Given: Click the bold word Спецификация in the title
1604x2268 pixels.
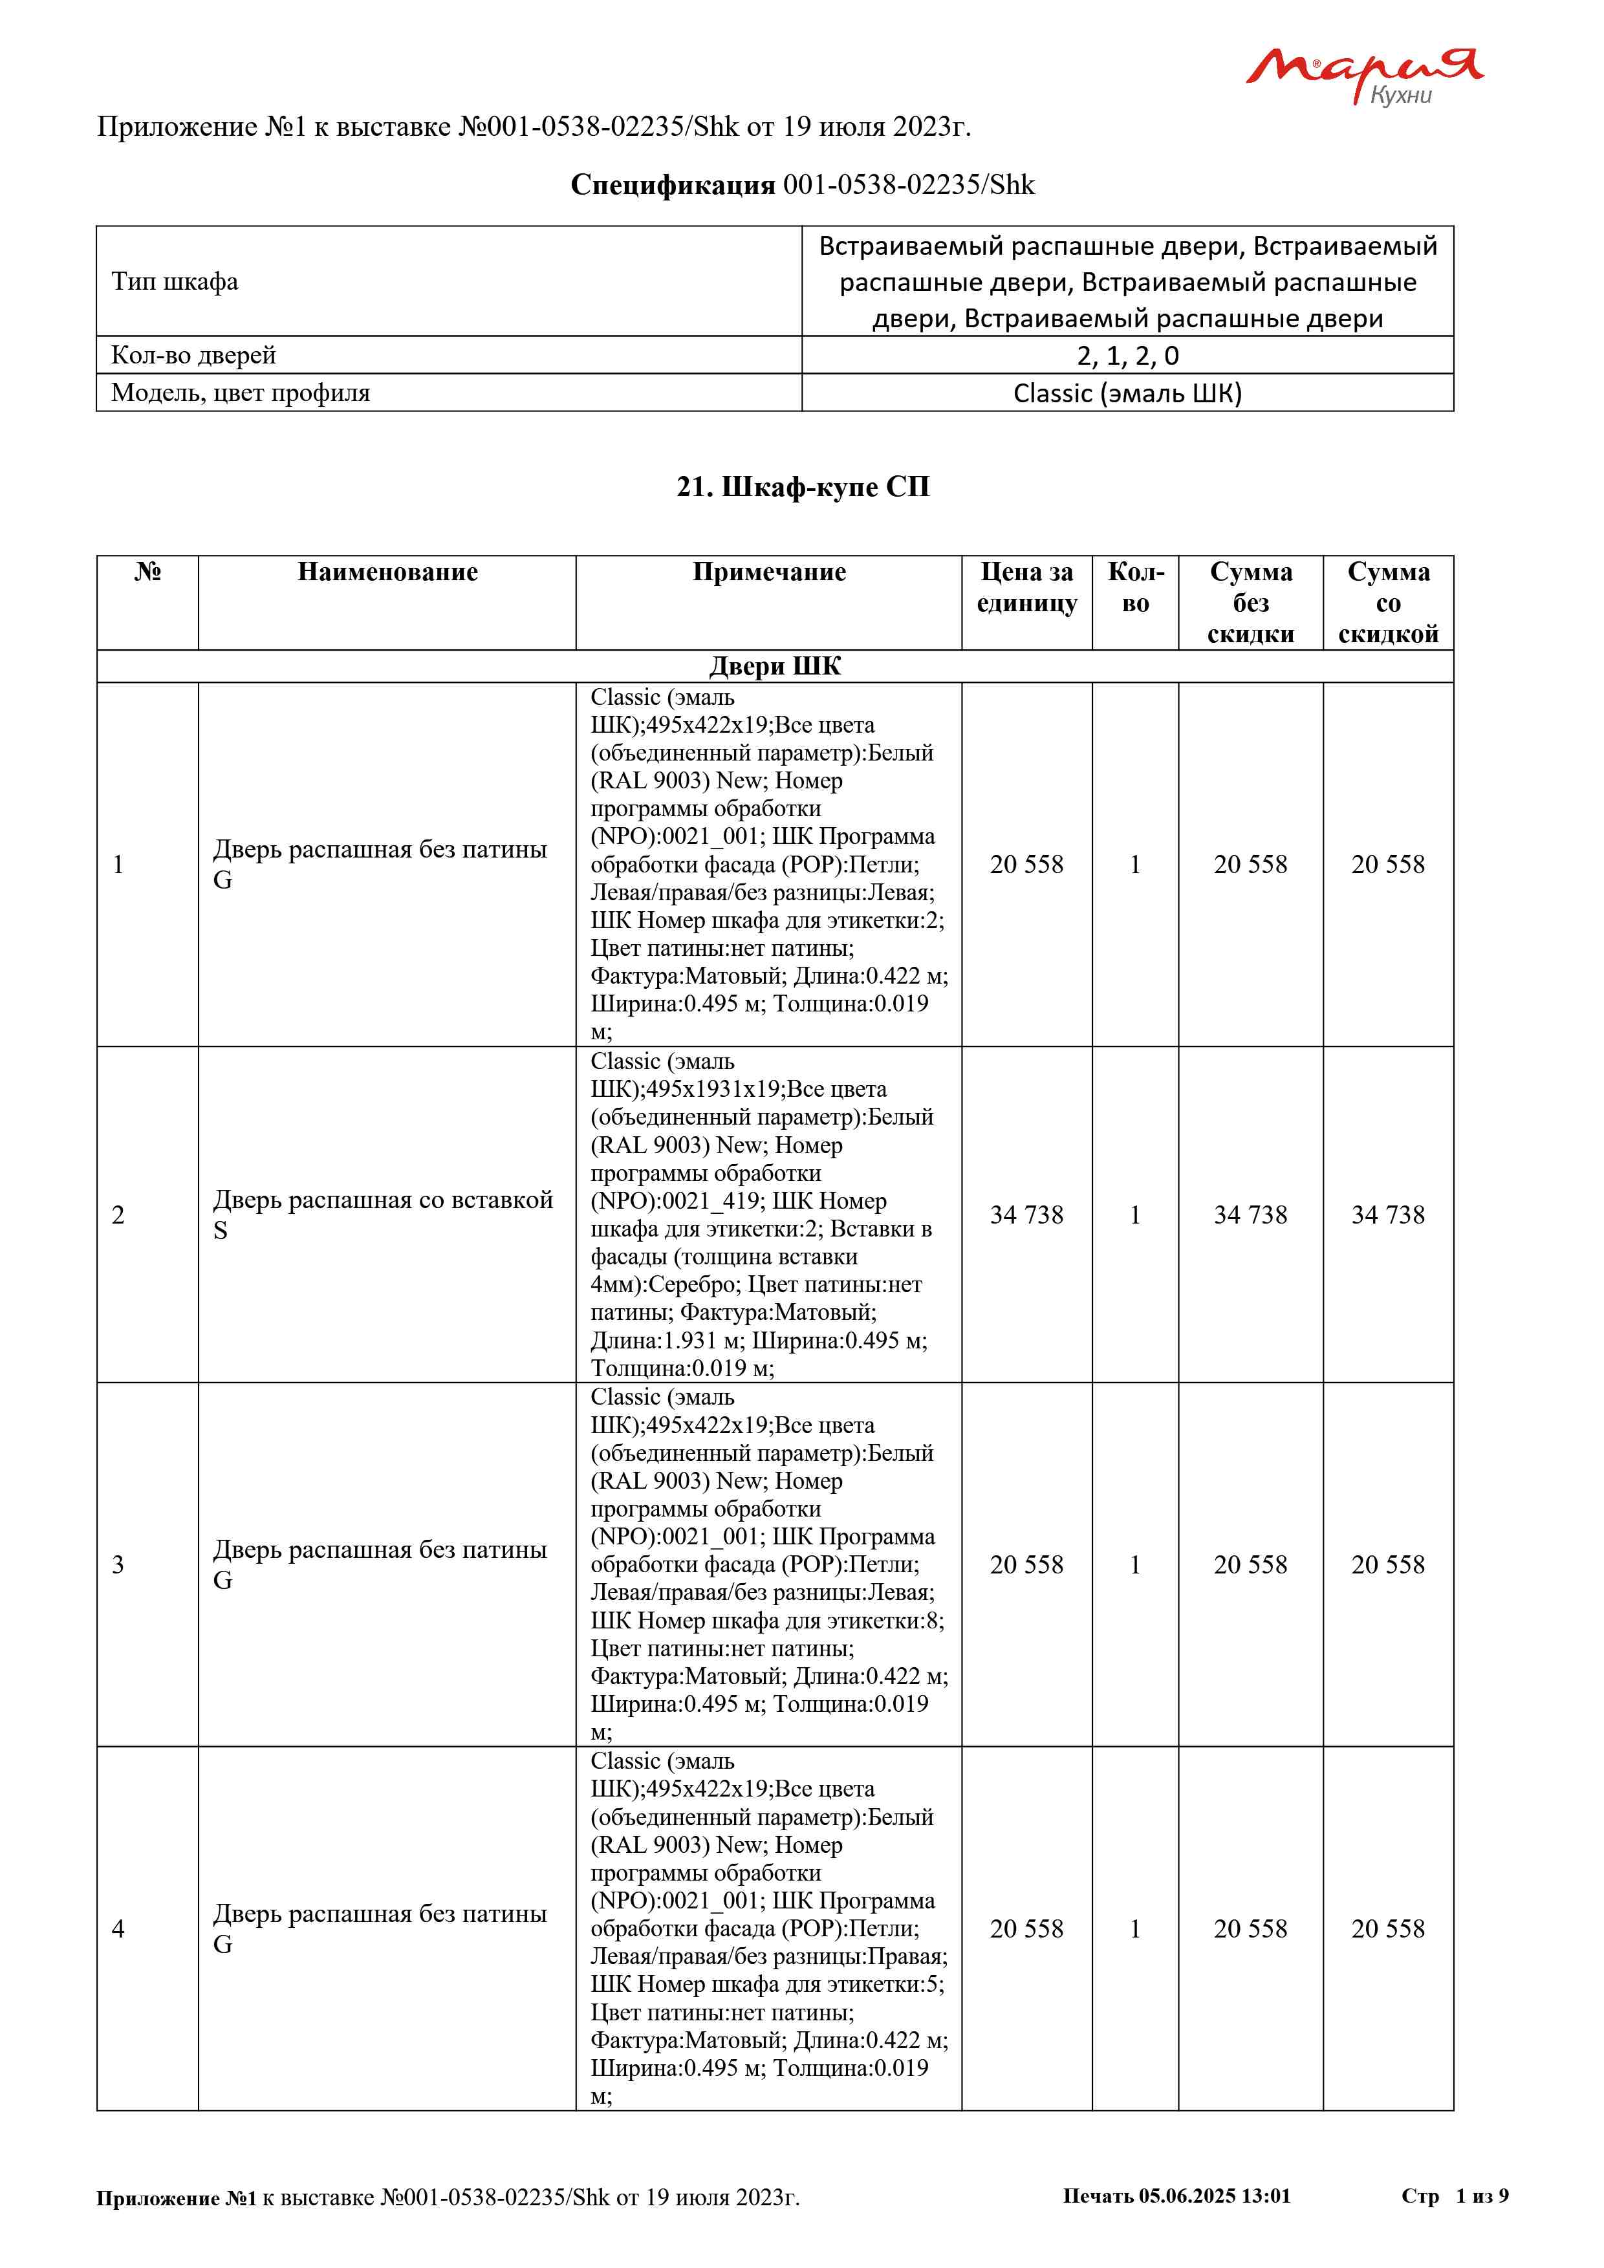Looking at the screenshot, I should [x=673, y=185].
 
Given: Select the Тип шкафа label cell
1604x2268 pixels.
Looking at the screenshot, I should [x=175, y=281].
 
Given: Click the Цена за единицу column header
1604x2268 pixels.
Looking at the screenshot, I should [x=1026, y=588].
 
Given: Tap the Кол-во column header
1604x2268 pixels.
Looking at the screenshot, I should [x=1135, y=588].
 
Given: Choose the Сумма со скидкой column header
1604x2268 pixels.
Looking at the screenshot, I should [x=1388, y=603].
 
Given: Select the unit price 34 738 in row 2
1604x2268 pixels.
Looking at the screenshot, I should [x=1026, y=1215].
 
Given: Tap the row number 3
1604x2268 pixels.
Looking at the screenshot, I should [x=118, y=1564].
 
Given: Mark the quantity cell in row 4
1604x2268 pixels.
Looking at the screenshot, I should [x=1135, y=1928].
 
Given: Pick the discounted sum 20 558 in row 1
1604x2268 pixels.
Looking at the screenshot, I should [x=1388, y=865].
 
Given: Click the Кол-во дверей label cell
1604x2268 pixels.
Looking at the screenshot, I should [x=193, y=356].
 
